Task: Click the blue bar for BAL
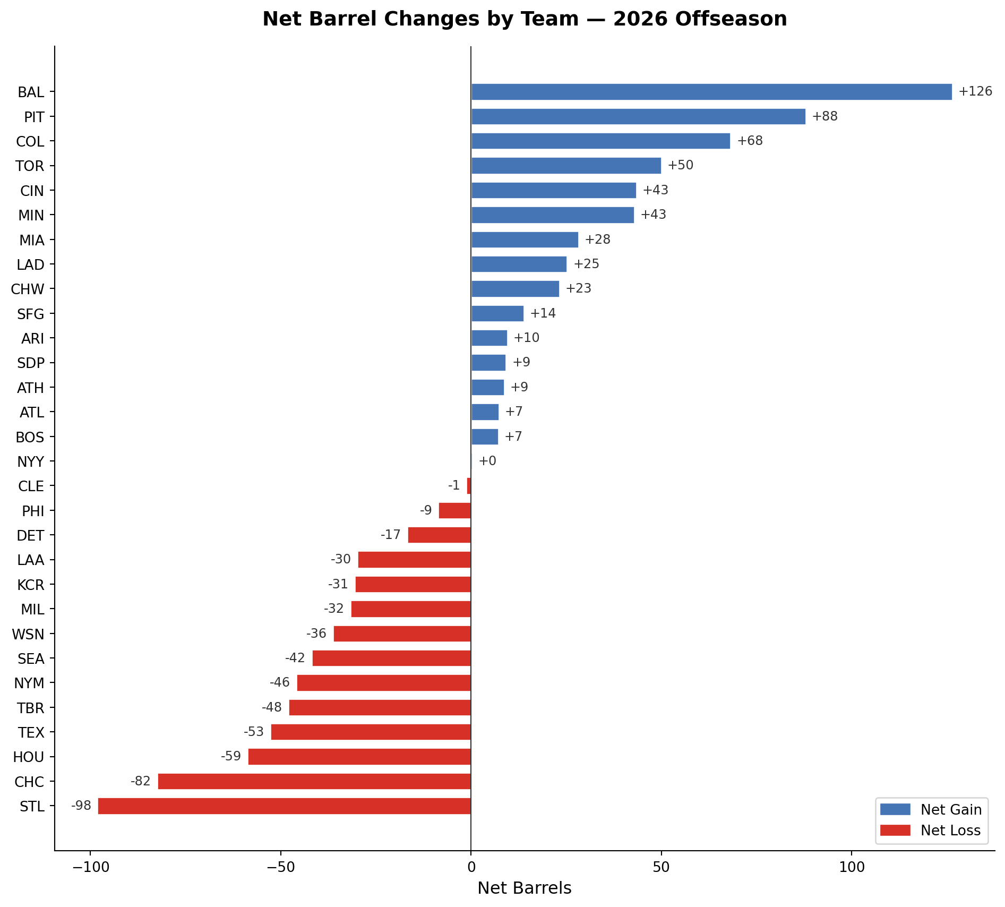tap(711, 92)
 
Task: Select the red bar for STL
tap(284, 806)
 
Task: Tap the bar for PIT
tap(638, 116)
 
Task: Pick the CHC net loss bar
tap(314, 781)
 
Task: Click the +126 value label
tap(975, 91)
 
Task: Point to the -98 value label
tap(81, 806)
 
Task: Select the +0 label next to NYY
tap(487, 461)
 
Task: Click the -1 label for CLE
tap(454, 485)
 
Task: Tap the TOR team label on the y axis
tap(30, 166)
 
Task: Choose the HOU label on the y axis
tap(29, 757)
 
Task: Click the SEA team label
tap(31, 659)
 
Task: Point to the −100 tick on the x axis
tap(91, 867)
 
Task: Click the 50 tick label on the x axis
tap(661, 867)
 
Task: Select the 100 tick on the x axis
tap(852, 867)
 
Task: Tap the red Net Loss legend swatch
tap(895, 830)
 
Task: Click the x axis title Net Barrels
tap(525, 888)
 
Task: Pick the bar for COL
tap(600, 141)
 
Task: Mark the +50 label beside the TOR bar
tap(681, 165)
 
